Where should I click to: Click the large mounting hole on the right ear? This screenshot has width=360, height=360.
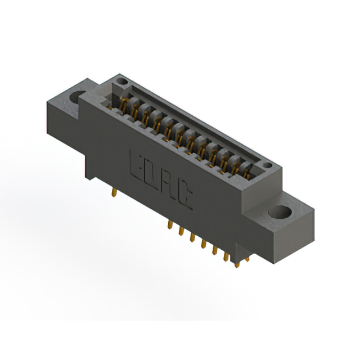[x=280, y=213]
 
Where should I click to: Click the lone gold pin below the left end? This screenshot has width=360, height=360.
[x=115, y=192]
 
